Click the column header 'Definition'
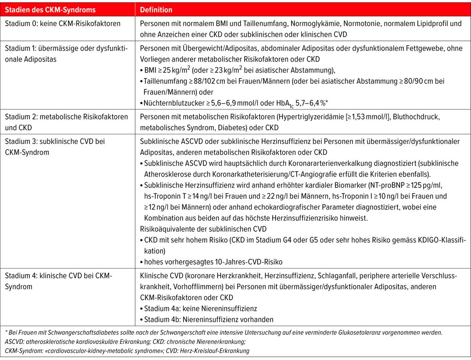156,10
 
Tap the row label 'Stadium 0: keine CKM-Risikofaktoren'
63,23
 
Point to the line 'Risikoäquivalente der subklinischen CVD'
202,229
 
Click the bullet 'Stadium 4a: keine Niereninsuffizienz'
201,309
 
